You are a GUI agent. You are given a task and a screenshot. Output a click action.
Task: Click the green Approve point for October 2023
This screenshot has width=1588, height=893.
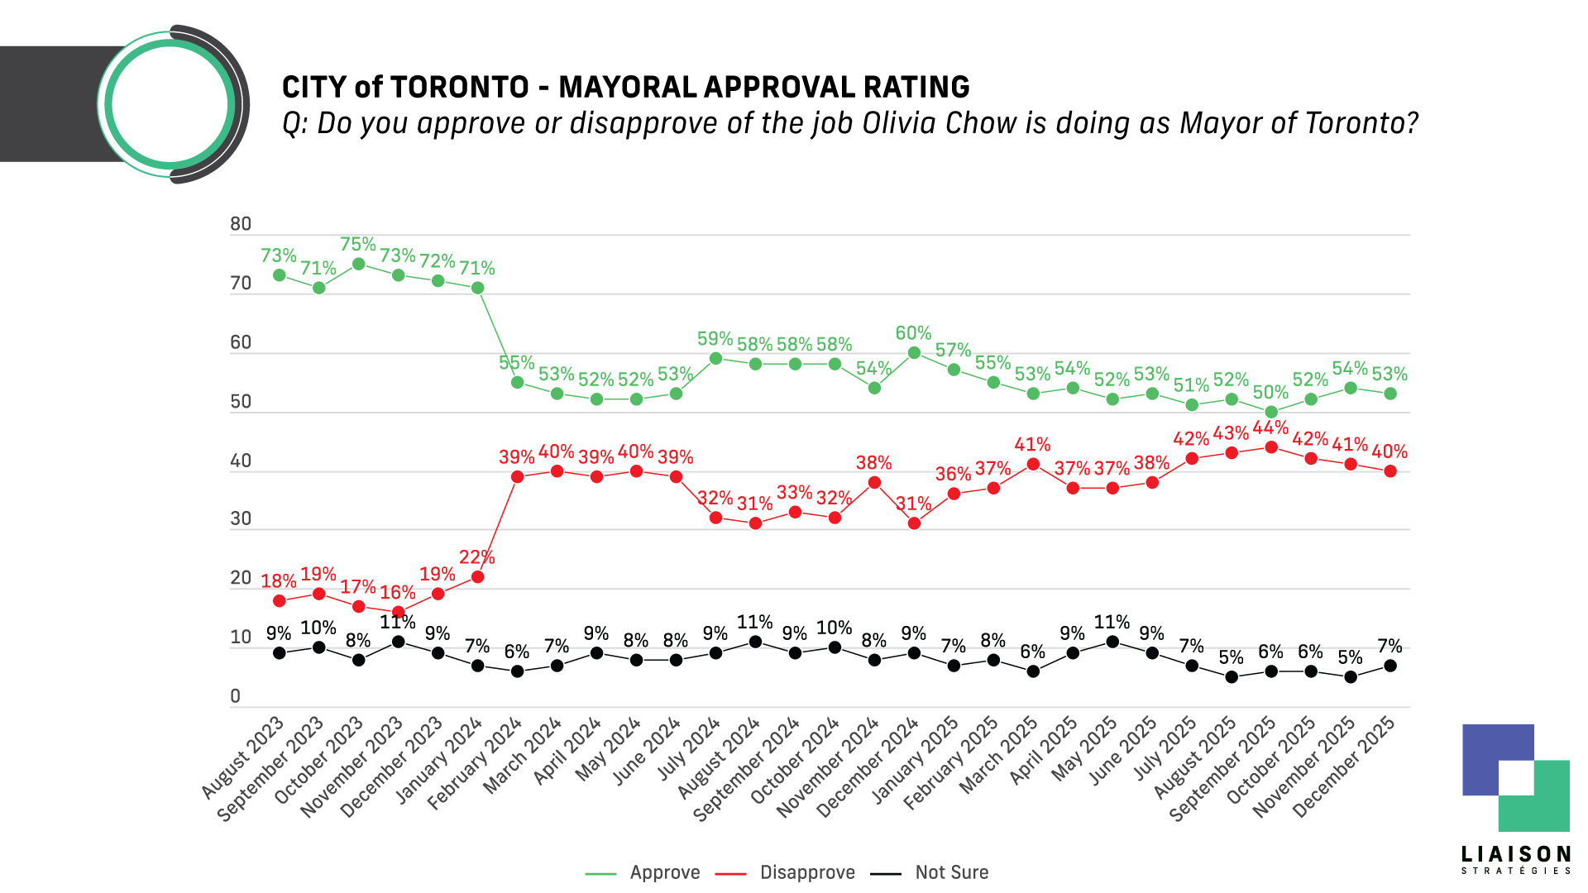pos(358,264)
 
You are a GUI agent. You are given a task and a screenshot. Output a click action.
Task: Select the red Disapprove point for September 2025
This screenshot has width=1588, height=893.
pos(1271,447)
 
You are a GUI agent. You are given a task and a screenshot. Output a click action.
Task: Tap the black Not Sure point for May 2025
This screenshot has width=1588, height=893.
pos(1112,642)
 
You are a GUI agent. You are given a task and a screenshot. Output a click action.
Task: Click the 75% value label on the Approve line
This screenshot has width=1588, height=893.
pos(358,245)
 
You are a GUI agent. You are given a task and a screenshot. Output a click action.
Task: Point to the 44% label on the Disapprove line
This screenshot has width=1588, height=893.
pos(1270,427)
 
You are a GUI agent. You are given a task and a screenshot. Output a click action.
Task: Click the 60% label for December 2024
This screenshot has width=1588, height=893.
pos(913,333)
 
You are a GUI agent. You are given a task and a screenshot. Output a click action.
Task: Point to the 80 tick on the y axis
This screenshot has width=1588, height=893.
pos(241,224)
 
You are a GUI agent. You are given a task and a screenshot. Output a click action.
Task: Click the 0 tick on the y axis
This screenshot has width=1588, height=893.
pos(236,696)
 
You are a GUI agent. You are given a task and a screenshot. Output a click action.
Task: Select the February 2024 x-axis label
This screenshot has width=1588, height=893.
pos(475,766)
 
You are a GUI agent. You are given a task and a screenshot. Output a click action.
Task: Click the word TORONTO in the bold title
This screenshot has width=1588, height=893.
pos(459,88)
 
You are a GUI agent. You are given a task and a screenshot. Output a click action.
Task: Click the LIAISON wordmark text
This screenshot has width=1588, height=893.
pos(1516,854)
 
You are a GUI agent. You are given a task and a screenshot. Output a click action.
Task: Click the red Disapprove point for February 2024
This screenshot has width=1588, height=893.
pos(517,477)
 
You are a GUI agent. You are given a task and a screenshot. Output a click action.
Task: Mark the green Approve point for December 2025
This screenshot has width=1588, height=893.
pos(1390,394)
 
